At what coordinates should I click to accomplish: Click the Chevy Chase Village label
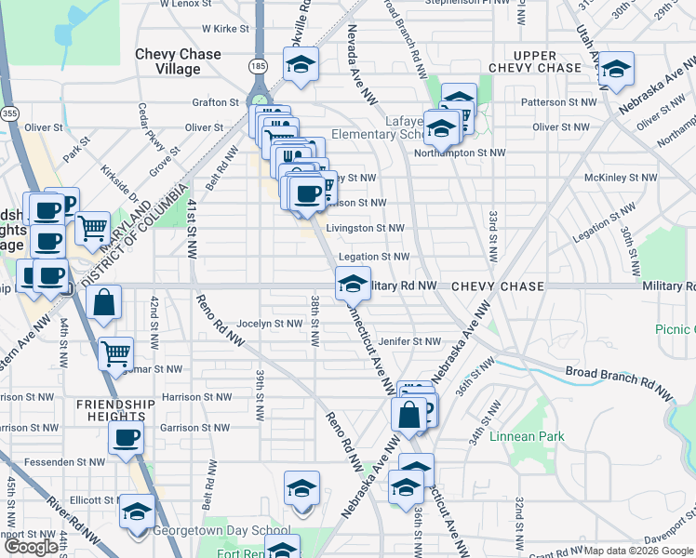click(x=178, y=61)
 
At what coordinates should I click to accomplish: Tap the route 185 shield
click(x=258, y=66)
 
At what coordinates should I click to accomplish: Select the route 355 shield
click(x=8, y=113)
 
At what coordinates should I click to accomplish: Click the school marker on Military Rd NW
click(x=353, y=285)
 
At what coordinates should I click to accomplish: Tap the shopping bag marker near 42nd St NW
click(x=104, y=302)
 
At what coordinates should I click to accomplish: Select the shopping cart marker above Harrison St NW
click(x=115, y=352)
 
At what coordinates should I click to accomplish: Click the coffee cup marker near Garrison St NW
click(x=127, y=438)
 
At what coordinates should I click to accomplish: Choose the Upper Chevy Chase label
click(x=535, y=61)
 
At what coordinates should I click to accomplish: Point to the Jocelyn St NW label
click(x=270, y=324)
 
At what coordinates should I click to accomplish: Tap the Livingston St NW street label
click(x=365, y=228)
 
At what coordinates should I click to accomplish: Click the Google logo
click(x=31, y=547)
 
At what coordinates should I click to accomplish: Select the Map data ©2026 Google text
click(x=638, y=551)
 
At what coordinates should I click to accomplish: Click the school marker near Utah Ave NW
click(x=615, y=70)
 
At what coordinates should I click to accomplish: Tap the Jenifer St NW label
click(x=408, y=342)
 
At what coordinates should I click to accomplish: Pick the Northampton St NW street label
click(x=460, y=153)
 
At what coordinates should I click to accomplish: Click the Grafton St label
click(x=217, y=102)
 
